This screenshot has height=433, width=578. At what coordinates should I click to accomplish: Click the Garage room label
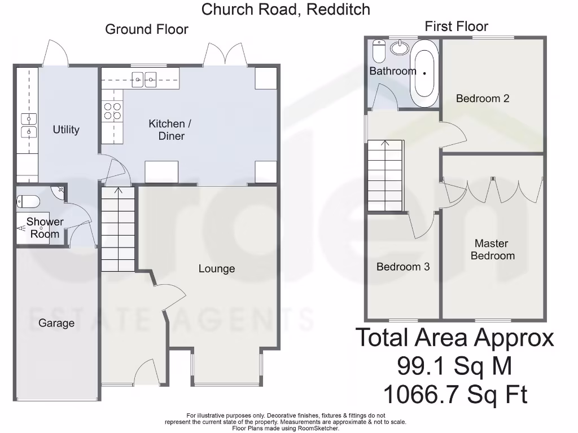point(56,323)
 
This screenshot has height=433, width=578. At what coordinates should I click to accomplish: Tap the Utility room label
point(66,130)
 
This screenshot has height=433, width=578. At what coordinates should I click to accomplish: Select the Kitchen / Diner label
point(166,130)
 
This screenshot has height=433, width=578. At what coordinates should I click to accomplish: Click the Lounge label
point(216,269)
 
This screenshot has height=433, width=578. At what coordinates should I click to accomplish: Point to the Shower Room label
point(45,228)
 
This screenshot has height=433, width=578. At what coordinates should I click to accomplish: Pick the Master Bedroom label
point(492,250)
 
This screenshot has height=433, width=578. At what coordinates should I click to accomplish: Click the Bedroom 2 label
point(483,99)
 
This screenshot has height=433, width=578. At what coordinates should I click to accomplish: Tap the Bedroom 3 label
point(403,267)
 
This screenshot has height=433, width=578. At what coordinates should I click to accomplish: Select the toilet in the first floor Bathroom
point(379,52)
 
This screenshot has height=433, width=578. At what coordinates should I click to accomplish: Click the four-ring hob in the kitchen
point(112,111)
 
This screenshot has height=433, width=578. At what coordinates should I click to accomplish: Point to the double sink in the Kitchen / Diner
point(144,79)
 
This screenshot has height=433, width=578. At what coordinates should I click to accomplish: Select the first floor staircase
point(386,175)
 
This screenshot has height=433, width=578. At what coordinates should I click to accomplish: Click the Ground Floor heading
point(147,29)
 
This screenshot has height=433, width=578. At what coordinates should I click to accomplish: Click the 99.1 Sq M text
point(454,366)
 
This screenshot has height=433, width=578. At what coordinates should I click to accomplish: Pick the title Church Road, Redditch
point(286,9)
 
